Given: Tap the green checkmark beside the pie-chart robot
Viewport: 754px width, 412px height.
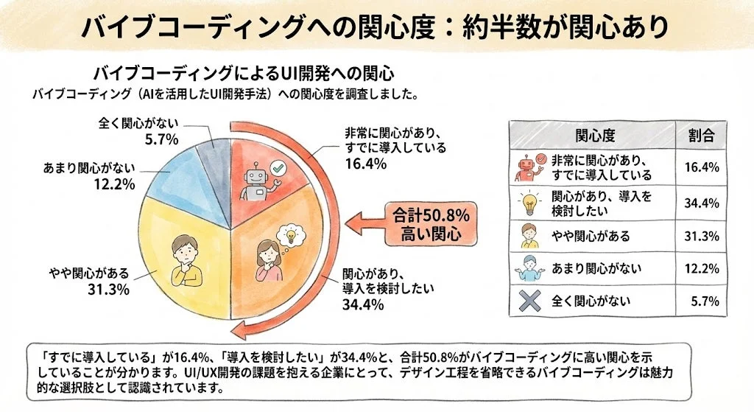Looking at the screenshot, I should [277, 169].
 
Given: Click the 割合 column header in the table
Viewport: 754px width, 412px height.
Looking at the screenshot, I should [701, 136].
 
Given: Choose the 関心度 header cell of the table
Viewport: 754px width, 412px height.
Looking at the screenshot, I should [593, 136].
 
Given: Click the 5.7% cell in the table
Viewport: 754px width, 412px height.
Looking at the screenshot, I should [704, 301].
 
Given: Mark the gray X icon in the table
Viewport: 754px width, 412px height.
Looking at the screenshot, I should [529, 301].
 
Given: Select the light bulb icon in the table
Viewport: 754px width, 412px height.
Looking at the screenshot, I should [529, 202].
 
